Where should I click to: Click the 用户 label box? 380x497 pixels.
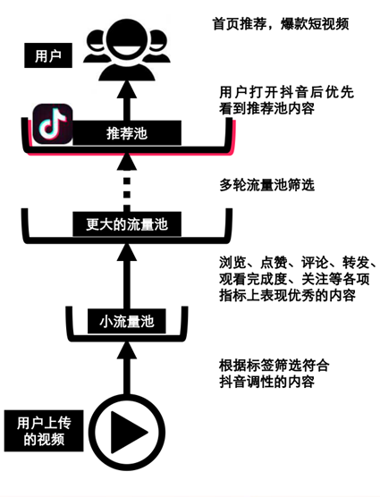(47, 56)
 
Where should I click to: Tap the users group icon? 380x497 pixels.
(126, 53)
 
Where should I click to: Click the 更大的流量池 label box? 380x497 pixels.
(127, 224)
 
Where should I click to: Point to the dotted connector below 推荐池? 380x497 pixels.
(127, 190)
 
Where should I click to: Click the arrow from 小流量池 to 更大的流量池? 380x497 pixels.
(126, 273)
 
